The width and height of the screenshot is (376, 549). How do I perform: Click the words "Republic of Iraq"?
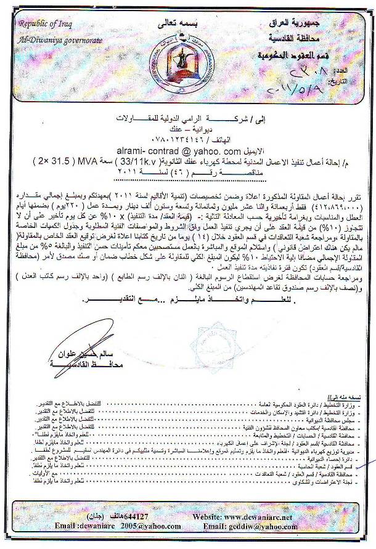tap(46, 24)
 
